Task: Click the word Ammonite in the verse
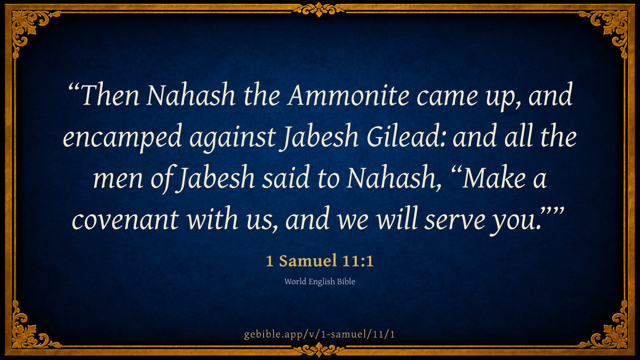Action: point(349,95)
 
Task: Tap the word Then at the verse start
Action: point(110,95)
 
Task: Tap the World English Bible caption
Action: point(319,282)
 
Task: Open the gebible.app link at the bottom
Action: point(319,334)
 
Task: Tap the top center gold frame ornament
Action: point(319,9)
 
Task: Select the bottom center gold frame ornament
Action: point(319,350)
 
